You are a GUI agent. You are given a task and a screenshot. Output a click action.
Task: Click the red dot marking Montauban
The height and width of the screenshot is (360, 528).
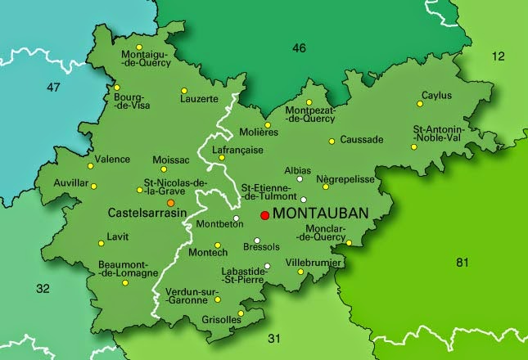coord(264,215)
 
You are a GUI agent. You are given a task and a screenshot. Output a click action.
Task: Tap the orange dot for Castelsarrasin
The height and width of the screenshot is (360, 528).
coord(170,202)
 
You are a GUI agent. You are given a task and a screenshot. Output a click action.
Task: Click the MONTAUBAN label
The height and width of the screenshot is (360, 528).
coord(319,214)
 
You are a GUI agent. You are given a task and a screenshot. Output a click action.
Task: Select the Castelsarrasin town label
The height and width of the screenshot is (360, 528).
coord(147,213)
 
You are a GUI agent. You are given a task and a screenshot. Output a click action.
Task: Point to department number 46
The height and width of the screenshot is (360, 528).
coord(299,48)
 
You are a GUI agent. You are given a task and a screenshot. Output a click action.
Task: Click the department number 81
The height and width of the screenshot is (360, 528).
coord(463,262)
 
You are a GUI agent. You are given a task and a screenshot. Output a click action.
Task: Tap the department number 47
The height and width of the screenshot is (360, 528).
coord(54,87)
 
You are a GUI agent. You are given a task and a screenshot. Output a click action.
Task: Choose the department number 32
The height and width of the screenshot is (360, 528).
coord(43,288)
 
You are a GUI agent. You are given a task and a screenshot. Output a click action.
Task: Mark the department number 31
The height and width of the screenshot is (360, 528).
coord(274,338)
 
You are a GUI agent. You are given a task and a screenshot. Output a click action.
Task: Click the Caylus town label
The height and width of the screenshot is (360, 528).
coord(436,96)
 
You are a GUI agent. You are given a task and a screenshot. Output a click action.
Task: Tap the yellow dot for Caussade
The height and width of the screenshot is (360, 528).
coord(332,141)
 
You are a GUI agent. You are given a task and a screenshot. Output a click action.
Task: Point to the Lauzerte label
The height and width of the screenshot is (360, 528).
coord(199,99)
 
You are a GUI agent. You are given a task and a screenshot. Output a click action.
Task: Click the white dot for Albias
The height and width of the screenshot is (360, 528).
coord(300,179)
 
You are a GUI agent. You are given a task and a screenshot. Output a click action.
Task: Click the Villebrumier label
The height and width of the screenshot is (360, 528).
coord(312,263)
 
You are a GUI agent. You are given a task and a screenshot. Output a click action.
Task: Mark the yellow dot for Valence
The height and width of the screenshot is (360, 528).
coord(91,166)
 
